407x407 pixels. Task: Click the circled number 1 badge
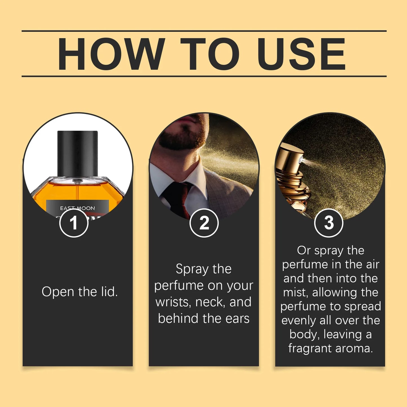click(x=74, y=223)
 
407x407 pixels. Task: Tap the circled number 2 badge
click(x=204, y=223)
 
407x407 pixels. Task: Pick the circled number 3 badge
click(x=328, y=223)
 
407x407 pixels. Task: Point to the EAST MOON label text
click(x=77, y=208)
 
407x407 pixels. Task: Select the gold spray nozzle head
click(x=290, y=158)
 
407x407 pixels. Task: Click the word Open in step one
click(x=58, y=292)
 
